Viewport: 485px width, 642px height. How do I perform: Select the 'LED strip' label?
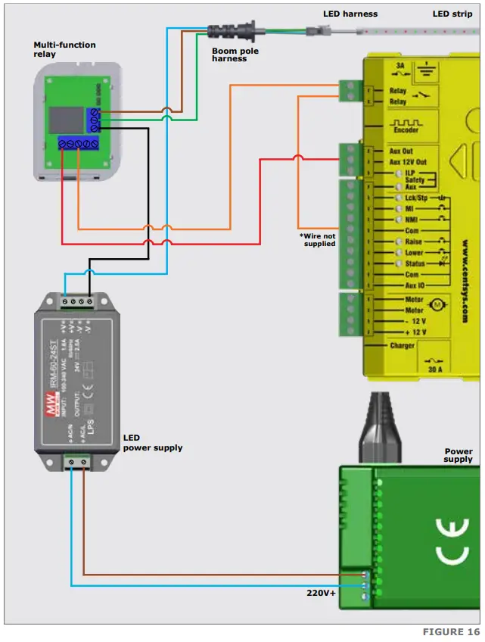tap(452, 14)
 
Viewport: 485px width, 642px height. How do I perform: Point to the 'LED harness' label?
tap(350, 14)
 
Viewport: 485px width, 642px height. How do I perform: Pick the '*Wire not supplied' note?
tap(318, 239)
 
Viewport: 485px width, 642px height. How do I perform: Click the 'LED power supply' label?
tap(152, 443)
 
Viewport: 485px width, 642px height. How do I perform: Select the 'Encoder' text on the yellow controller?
tap(406, 129)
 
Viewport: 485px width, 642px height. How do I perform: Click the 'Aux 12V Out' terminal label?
tap(408, 162)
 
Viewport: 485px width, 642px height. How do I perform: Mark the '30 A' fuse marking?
tap(435, 371)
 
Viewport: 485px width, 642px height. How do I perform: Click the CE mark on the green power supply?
tap(452, 541)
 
